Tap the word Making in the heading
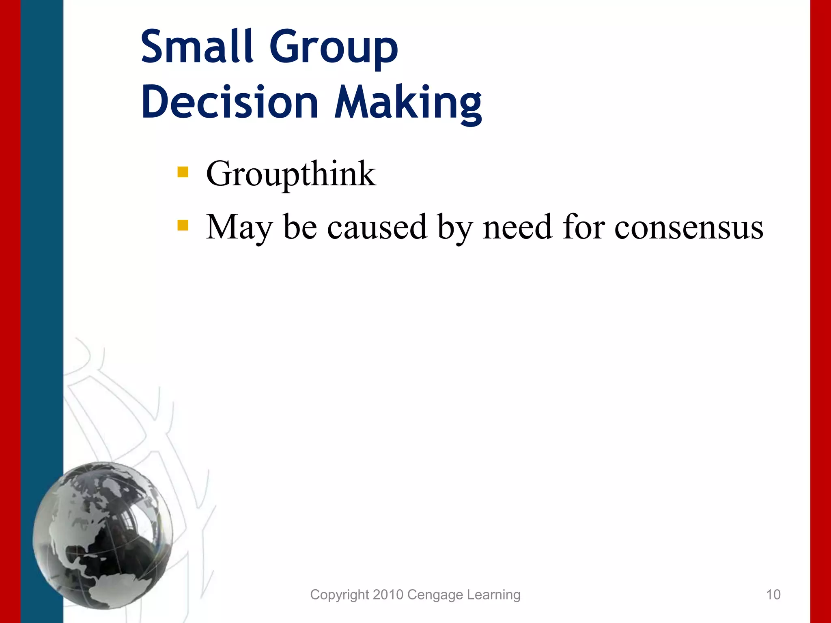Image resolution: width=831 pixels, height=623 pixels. point(408,102)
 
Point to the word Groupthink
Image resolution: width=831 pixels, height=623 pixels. point(291,174)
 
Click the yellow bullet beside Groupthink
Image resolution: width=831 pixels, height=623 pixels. point(183,172)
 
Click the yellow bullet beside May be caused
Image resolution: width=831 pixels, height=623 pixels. point(183,225)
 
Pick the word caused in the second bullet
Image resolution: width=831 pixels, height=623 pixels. point(377,227)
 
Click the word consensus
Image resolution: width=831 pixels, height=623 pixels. point(689,227)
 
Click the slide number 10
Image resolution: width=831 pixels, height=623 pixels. point(773,595)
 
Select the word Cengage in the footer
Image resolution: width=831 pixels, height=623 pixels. point(435,595)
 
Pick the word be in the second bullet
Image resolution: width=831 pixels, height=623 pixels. point(300,227)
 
